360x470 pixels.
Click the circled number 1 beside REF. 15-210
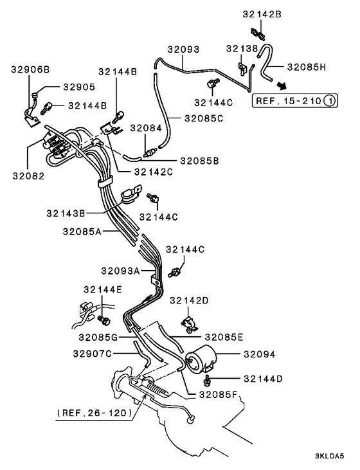point(328,100)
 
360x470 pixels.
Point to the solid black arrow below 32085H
point(282,85)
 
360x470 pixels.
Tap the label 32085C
point(203,118)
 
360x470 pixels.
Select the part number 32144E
point(102,289)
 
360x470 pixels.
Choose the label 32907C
point(92,353)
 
